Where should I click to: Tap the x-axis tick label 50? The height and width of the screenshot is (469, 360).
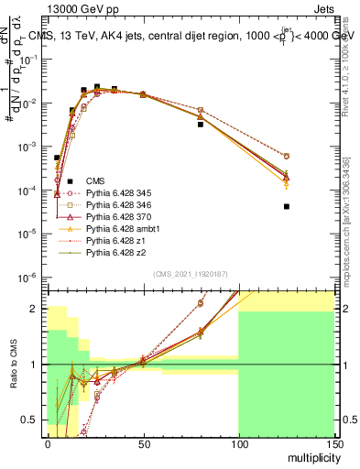click(142, 442)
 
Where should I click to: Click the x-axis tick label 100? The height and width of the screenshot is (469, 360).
click(237, 442)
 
